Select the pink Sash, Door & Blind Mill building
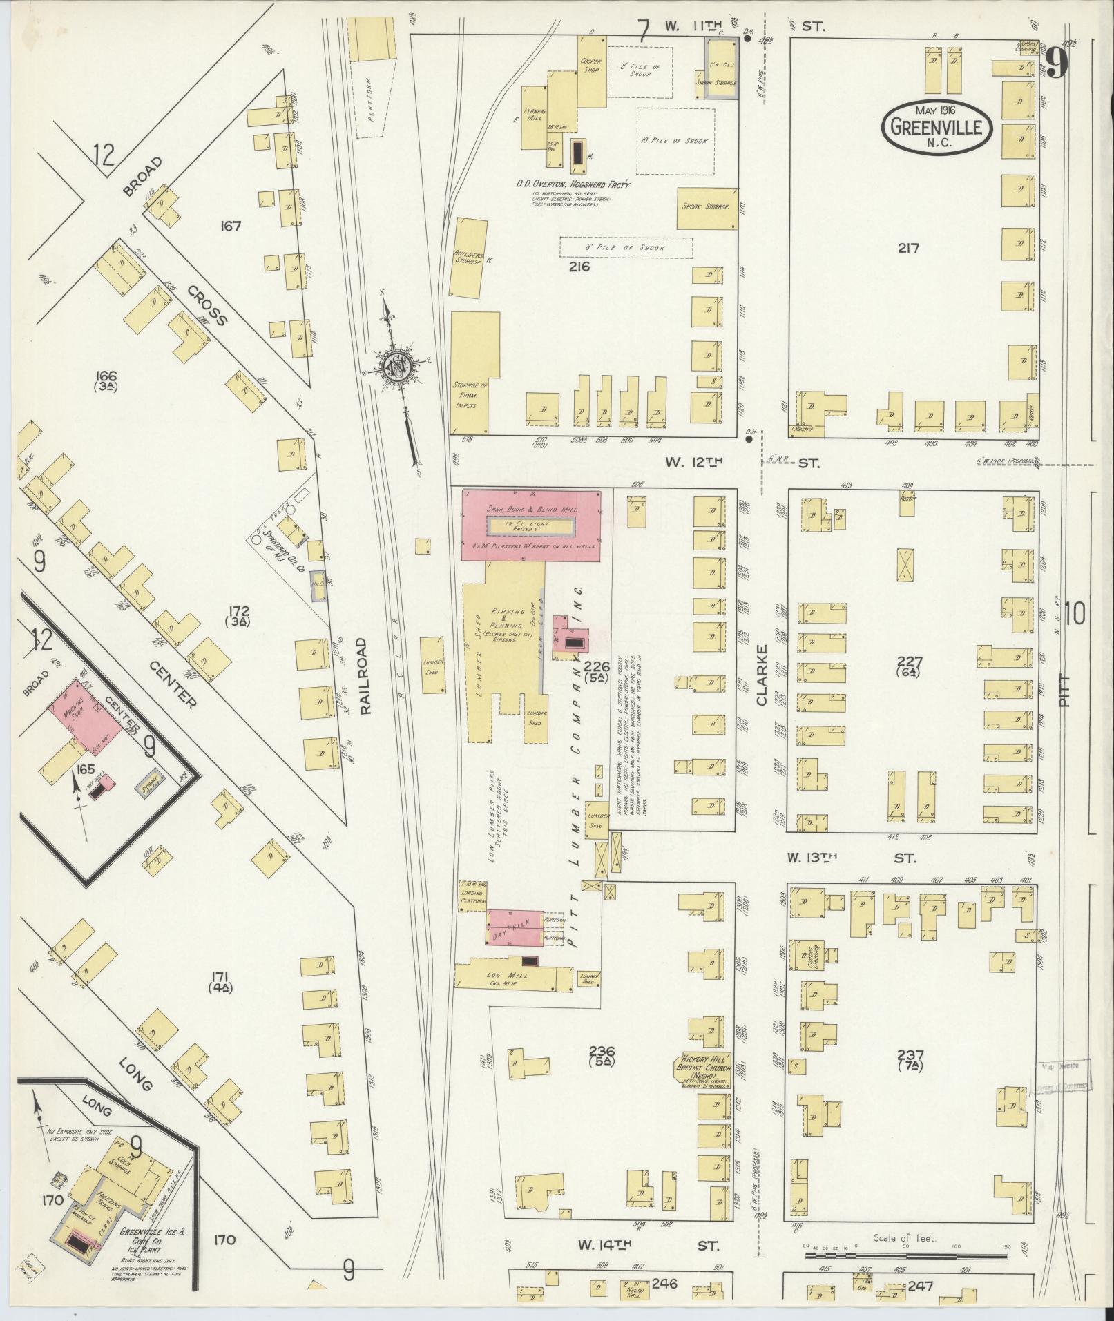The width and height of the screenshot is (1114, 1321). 530,525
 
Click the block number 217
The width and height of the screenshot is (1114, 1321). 908,248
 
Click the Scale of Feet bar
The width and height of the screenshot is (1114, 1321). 905,1249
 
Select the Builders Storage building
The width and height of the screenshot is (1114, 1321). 467,257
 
